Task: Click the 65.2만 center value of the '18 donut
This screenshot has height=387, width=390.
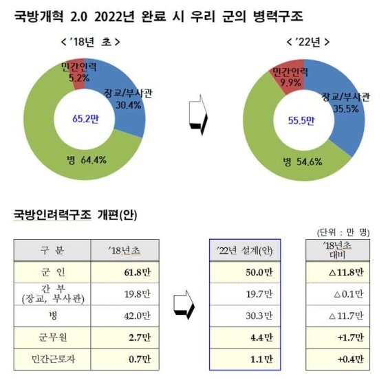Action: point(85,119)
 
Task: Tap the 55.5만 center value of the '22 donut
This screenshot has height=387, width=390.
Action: point(301,120)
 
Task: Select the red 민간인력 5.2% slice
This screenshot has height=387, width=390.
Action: point(79,74)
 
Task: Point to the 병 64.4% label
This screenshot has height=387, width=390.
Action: point(87,160)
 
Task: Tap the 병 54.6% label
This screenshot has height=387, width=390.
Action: point(303,162)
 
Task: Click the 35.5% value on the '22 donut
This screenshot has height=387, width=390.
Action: point(346,109)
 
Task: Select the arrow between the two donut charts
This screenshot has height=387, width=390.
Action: point(198,115)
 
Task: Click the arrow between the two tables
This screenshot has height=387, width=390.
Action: point(184,305)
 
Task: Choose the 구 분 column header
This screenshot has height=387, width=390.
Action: point(52,250)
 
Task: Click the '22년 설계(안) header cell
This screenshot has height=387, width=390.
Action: point(245,250)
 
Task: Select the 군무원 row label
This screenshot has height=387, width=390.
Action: point(52,338)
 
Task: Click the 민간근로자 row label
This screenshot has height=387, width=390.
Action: point(52,360)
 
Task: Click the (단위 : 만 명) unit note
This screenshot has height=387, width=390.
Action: point(343,232)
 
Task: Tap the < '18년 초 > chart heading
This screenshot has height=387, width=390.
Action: point(91,42)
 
